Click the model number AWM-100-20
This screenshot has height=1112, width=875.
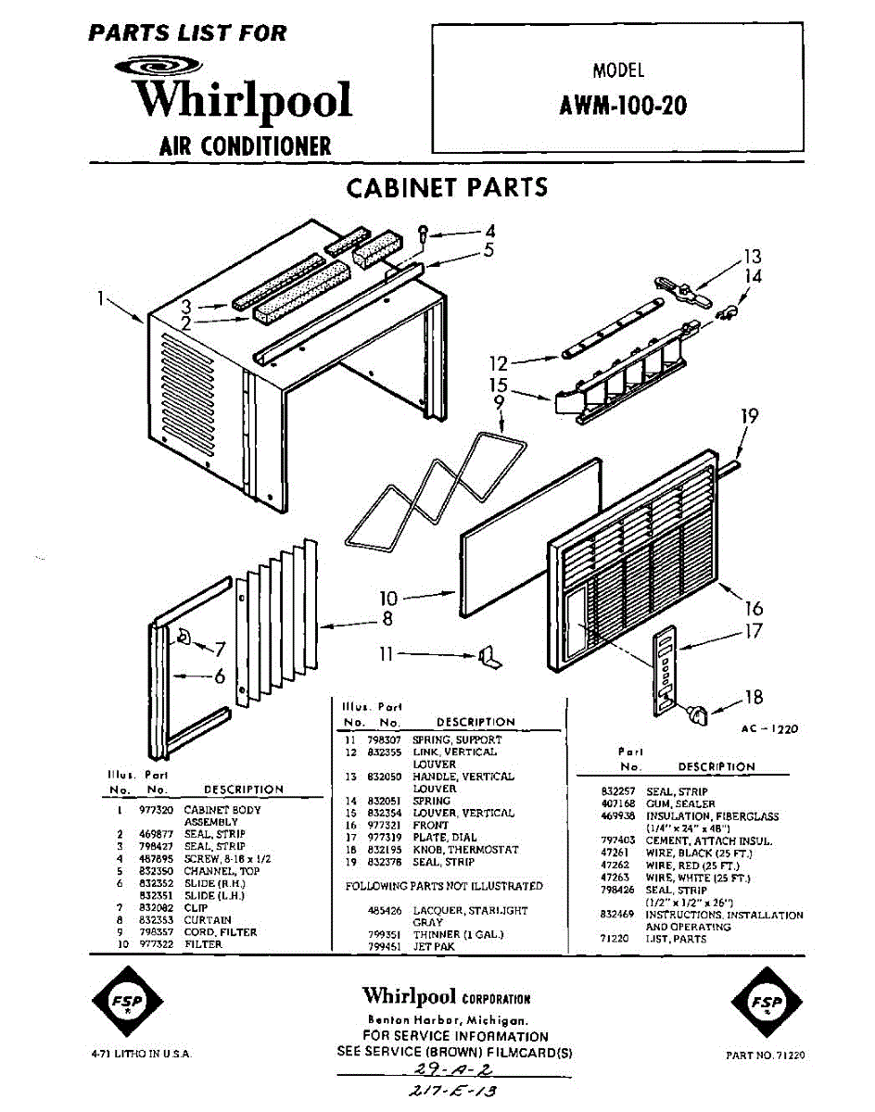(623, 105)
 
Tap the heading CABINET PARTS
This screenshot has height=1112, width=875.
(447, 187)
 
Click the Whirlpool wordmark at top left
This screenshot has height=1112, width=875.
(243, 100)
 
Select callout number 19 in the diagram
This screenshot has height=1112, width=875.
(749, 416)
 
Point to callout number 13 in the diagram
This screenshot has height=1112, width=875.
(752, 256)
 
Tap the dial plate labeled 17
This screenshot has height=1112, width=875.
(665, 669)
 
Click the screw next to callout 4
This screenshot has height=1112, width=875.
(424, 232)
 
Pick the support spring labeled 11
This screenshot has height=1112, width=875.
(489, 657)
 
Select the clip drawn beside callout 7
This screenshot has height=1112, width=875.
(183, 636)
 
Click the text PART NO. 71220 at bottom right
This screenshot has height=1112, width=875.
(765, 1055)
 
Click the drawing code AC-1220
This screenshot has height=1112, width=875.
(768, 729)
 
